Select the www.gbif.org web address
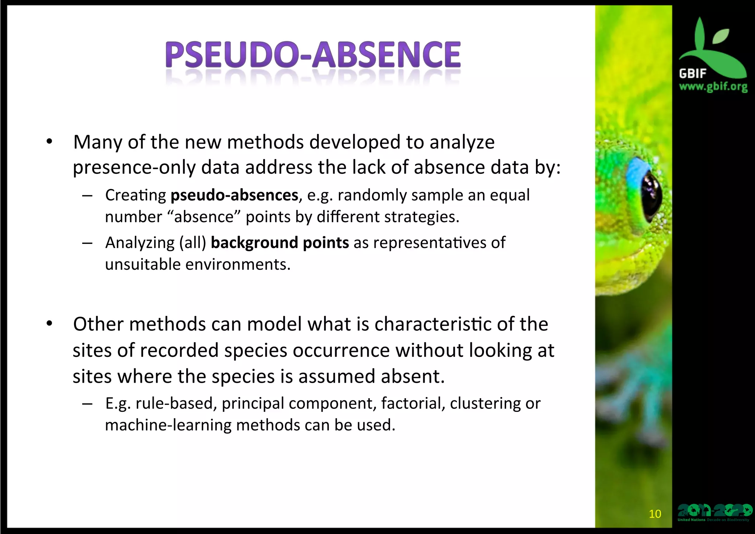(x=713, y=87)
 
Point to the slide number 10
(x=655, y=514)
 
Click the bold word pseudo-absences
(x=234, y=195)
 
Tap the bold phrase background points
(x=280, y=243)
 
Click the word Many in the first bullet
(x=97, y=142)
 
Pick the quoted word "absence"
(x=204, y=217)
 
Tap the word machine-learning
(x=168, y=425)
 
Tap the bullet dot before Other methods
(x=49, y=324)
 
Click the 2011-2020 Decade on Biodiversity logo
(x=714, y=512)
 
